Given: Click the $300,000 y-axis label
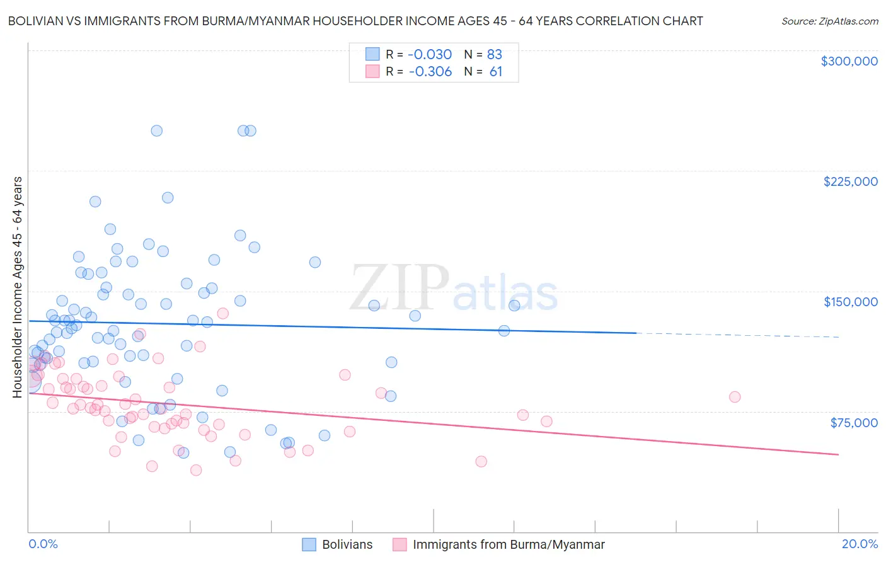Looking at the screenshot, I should pyautogui.click(x=849, y=61).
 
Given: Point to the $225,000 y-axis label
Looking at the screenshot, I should pyautogui.click(x=850, y=181).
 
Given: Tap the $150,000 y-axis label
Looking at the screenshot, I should pyautogui.click(x=850, y=302).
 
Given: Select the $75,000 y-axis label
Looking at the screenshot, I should pyautogui.click(x=853, y=423).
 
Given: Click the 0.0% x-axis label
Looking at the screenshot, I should pyautogui.click(x=43, y=544).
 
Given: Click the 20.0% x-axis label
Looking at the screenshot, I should pyautogui.click(x=860, y=544).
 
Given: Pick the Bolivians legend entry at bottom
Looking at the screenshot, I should pyautogui.click(x=347, y=544).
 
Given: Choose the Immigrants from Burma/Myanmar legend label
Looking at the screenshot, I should pyautogui.click(x=508, y=544).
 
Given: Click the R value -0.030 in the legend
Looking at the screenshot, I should pyautogui.click(x=430, y=54).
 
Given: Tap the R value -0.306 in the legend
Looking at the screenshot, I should pyautogui.click(x=430, y=72).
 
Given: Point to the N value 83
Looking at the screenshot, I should pyautogui.click(x=494, y=54).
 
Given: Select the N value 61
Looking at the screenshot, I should pyautogui.click(x=495, y=72).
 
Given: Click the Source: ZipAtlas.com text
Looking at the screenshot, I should pyautogui.click(x=829, y=21).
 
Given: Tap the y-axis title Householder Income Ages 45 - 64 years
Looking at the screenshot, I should pyautogui.click(x=18, y=287).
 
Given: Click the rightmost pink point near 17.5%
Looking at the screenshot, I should pyautogui.click(x=735, y=397).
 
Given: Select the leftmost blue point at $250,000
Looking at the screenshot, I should pyautogui.click(x=157, y=131).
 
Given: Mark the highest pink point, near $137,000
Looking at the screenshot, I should pyautogui.click(x=222, y=313).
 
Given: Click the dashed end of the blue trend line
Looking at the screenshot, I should pyautogui.click(x=737, y=335).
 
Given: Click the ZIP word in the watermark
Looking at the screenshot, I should pyautogui.click(x=399, y=289).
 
